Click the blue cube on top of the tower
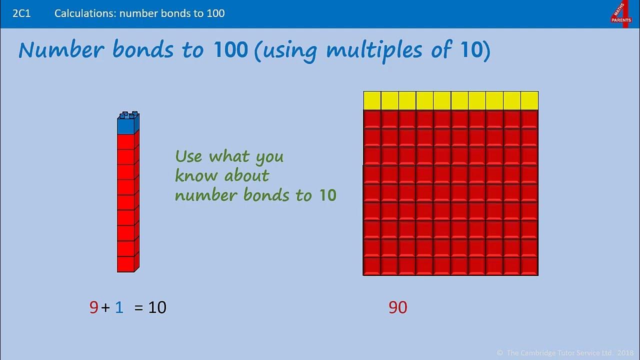[x=127, y=124]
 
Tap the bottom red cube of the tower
[x=126, y=264]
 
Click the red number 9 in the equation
[x=93, y=307]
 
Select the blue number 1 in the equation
[x=119, y=307]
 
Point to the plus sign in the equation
[x=105, y=308]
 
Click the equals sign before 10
[x=139, y=308]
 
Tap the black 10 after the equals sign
[x=157, y=307]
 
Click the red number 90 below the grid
[x=398, y=307]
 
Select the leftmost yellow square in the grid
[x=372, y=100]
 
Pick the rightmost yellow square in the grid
[x=529, y=100]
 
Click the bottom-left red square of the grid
[x=372, y=266]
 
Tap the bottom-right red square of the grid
[x=529, y=266]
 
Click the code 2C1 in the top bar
[x=21, y=13]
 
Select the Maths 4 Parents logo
[x=621, y=13]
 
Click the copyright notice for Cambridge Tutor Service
[x=564, y=353]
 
